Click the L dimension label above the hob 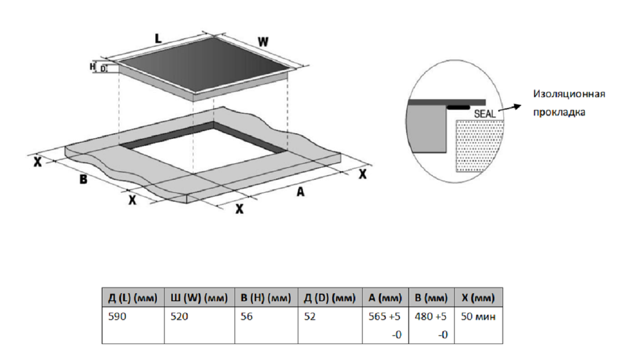pos(159,39)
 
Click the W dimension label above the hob pos(263,42)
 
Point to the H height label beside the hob pos(92,66)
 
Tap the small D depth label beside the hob pos(103,69)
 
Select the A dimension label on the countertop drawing pos(300,192)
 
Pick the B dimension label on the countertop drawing pos(83,179)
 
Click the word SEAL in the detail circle pos(485,114)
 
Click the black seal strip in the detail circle pos(458,107)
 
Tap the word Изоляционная pos(569,94)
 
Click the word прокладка pos(559,112)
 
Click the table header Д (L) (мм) pos(133,298)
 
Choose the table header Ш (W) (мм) pos(199,298)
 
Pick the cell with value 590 pos(117,316)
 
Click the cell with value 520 pos(179,316)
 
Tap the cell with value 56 pos(247,316)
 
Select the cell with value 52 pos(310,316)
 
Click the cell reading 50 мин pos(478,316)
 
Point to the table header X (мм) pos(478,298)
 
